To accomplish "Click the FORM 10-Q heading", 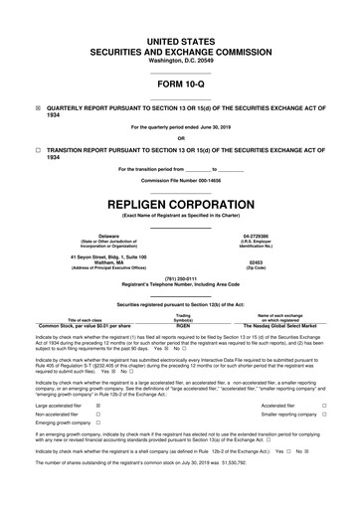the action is tap(180, 85).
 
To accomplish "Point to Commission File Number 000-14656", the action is tap(180, 181).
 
